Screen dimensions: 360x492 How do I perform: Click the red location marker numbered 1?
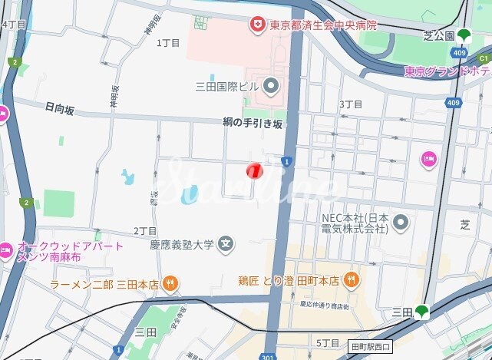pos(254,170)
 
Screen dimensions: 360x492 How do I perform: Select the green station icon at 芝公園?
pos(464,35)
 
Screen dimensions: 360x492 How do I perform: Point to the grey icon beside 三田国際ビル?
pos(269,85)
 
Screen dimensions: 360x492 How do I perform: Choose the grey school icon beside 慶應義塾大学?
pos(226,246)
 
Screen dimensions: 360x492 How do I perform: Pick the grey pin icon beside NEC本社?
pos(400,223)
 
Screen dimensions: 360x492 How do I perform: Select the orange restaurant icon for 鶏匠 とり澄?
pos(351,279)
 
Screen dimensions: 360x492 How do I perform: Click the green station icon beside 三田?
pos(421,312)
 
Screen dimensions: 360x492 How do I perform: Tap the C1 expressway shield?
pos(484,58)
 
